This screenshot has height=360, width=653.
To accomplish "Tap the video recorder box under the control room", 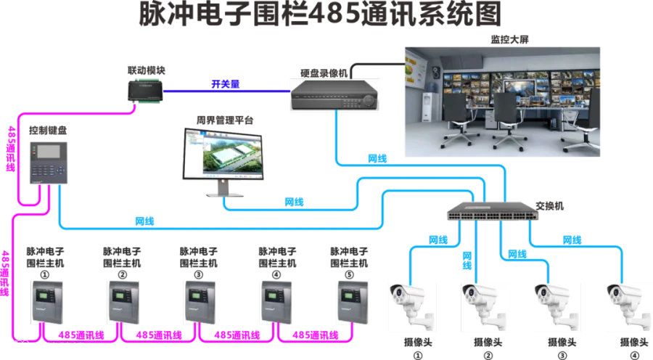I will (334, 94).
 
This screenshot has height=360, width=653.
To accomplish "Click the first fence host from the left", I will (46, 300).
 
